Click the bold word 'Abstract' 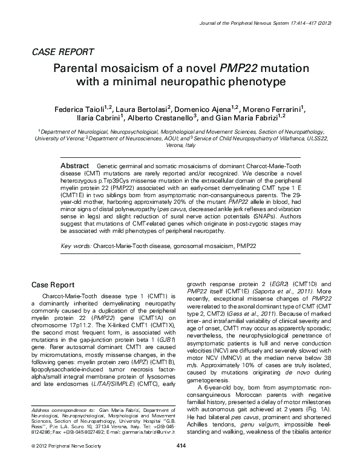tap(76, 165)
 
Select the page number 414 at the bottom tap(180, 463)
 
